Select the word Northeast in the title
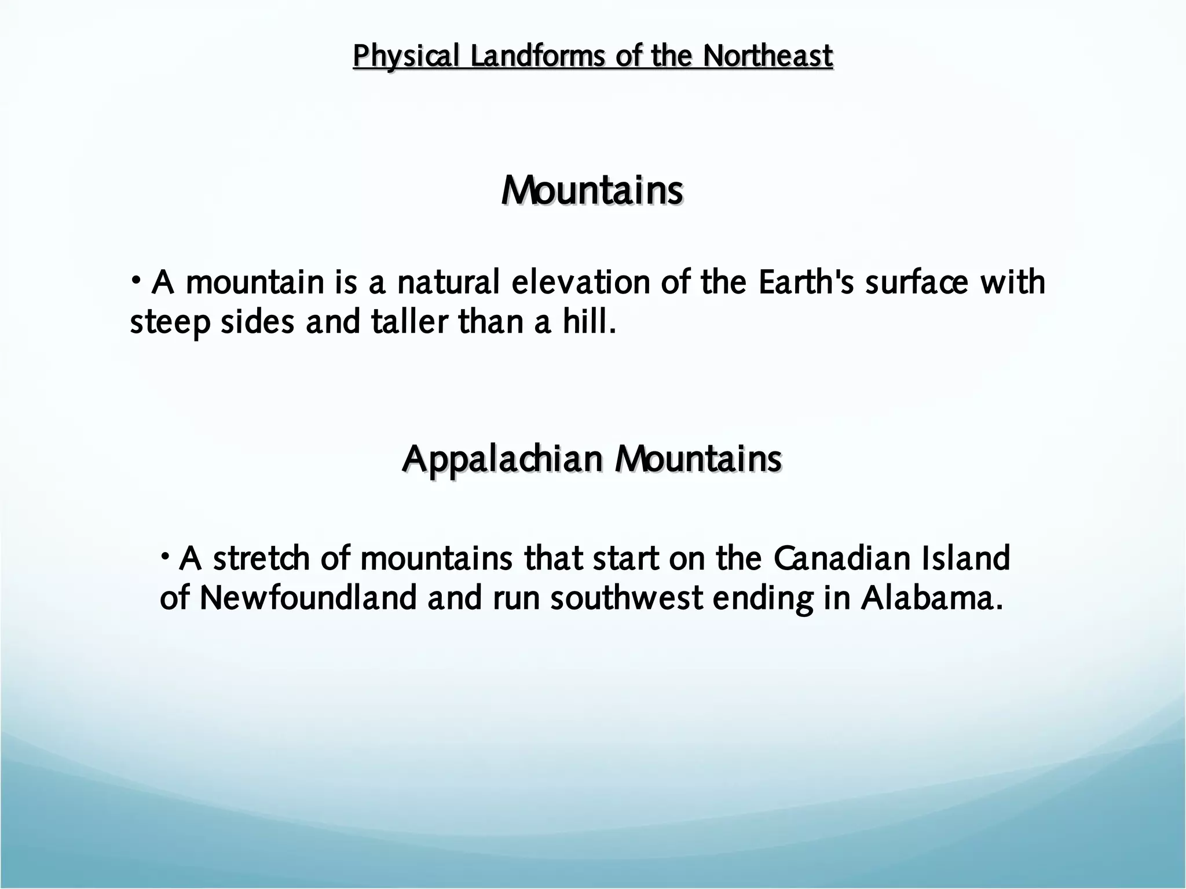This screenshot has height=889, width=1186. tap(768, 57)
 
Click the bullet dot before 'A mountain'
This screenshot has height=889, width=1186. tap(136, 280)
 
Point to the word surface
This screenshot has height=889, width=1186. tap(916, 282)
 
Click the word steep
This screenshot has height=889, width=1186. tap(169, 322)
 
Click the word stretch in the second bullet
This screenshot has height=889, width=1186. tap(261, 559)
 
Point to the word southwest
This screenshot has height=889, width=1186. tap(626, 598)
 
